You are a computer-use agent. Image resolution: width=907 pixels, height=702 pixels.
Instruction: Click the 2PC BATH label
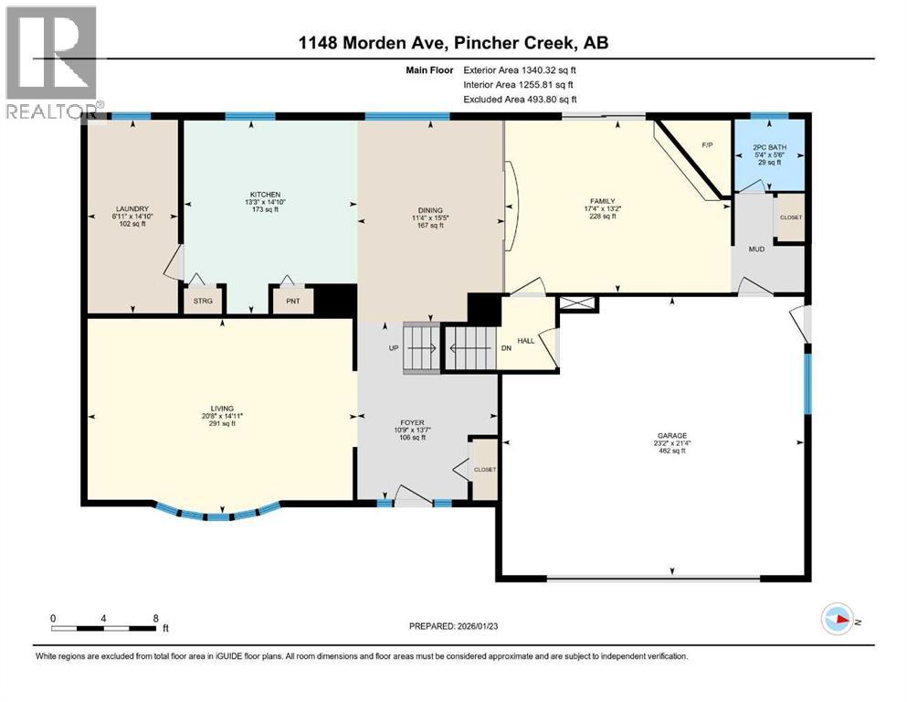tap(770, 146)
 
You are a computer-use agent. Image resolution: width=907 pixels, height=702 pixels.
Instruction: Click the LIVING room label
tap(220, 409)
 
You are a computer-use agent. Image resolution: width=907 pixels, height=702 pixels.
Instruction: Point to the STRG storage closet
tap(201, 300)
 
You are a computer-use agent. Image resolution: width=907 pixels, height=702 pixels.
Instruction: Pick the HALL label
tap(526, 340)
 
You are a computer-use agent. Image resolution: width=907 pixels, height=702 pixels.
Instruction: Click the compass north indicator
tap(838, 619)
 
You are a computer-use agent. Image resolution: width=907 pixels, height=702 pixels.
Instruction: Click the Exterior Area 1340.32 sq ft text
tap(520, 69)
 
